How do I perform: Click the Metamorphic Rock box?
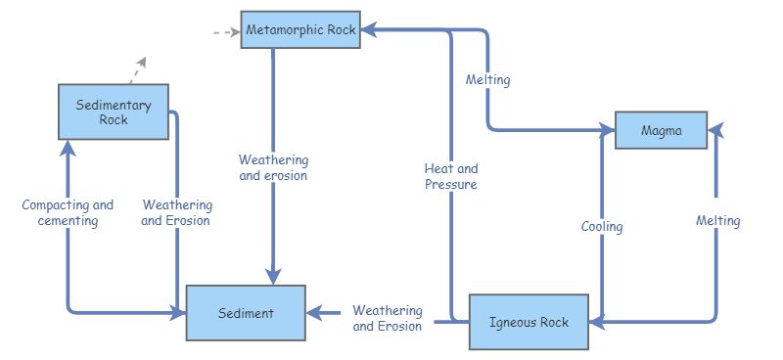(x=300, y=30)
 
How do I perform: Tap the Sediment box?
(x=246, y=313)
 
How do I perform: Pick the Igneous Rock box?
(x=529, y=321)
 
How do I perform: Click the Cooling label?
(x=601, y=227)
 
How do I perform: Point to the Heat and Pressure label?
(x=451, y=176)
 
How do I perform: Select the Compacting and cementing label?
(x=68, y=213)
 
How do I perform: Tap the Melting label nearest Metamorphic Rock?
(x=487, y=79)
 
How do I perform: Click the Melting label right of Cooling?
(x=717, y=221)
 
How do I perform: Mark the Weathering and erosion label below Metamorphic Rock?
(x=273, y=167)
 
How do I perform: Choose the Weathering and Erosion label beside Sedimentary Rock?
(x=176, y=213)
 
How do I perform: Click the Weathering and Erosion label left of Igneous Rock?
(x=388, y=319)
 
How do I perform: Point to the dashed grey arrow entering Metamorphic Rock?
(x=225, y=31)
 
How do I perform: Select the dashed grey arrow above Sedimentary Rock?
(x=140, y=67)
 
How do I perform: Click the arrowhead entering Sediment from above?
(x=273, y=275)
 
